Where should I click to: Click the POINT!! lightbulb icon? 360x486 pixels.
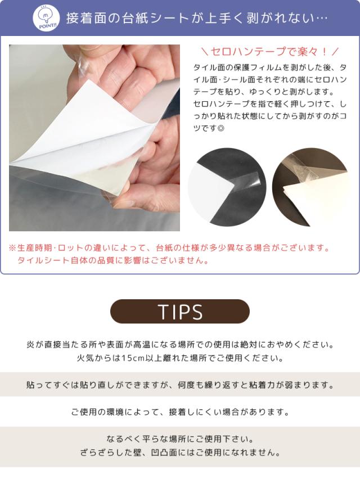[46, 18]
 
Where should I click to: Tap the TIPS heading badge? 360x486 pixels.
[180, 312]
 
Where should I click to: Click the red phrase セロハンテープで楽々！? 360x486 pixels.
[269, 52]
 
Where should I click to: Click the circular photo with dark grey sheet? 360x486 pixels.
[228, 187]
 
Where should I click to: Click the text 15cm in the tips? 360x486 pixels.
[132, 358]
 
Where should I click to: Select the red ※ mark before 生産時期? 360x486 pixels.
[12, 248]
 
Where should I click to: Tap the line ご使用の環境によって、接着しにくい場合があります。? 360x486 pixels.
[180, 412]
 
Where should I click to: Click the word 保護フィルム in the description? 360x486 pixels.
[258, 67]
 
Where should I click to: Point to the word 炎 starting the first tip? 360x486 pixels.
[31, 345]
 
